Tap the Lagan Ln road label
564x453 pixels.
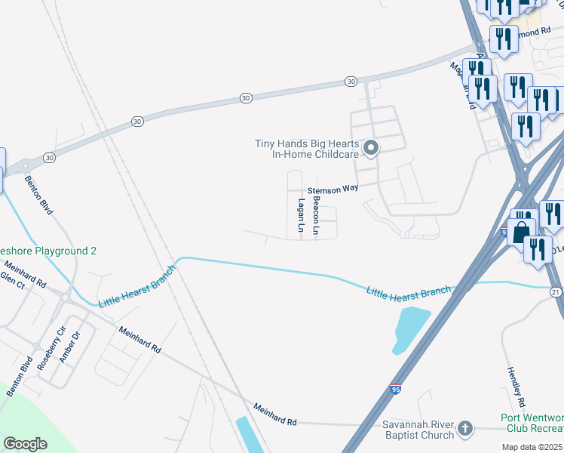(x=301, y=215)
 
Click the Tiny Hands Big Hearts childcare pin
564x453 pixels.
(x=370, y=148)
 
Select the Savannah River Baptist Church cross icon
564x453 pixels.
(x=465, y=429)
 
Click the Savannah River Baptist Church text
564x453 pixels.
(x=407, y=430)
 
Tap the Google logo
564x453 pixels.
(x=25, y=444)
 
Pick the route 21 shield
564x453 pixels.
(x=556, y=291)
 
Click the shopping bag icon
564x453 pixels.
(x=520, y=231)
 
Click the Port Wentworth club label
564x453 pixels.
(x=532, y=424)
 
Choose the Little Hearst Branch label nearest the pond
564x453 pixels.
(x=408, y=291)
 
